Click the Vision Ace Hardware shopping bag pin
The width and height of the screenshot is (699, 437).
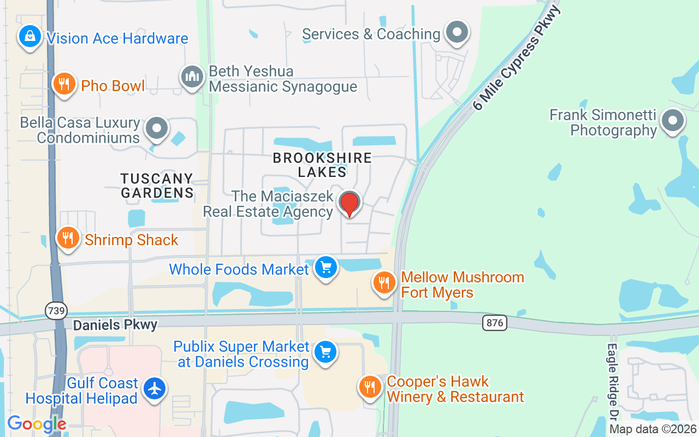[x=29, y=37]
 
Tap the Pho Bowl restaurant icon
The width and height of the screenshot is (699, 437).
[x=64, y=84]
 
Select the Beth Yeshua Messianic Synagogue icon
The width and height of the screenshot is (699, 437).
[x=192, y=76]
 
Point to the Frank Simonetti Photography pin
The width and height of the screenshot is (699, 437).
[x=672, y=121]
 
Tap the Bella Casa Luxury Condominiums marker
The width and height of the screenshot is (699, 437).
[x=157, y=129]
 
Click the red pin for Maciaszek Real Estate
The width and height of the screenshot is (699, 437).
[x=349, y=203]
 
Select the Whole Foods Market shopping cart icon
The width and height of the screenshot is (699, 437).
[x=326, y=268]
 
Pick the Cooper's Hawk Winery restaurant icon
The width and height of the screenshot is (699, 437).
[x=370, y=387]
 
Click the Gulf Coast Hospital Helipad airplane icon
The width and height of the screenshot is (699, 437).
[x=155, y=389]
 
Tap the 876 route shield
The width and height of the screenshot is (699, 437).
[x=494, y=322]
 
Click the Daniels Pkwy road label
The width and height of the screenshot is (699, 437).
[x=115, y=325]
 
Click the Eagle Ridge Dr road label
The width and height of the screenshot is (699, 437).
[x=612, y=382]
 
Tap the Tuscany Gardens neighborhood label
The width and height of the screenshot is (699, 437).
[x=157, y=186]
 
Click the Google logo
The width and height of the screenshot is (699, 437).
[x=37, y=424]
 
